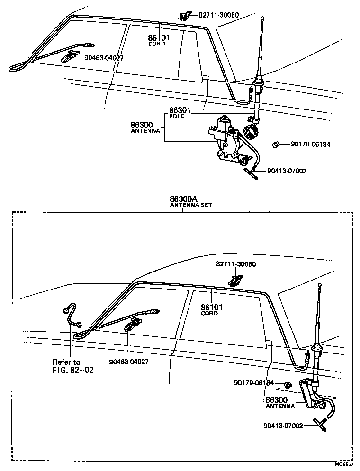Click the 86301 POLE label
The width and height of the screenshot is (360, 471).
tap(177, 113)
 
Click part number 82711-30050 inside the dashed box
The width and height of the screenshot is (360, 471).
tap(236, 264)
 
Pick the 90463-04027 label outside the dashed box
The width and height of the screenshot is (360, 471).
tap(104, 58)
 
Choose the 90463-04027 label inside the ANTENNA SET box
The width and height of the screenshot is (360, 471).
tap(129, 361)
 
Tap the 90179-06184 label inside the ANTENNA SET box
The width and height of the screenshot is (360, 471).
tap(254, 382)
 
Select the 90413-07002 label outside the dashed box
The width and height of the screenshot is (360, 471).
tap(287, 171)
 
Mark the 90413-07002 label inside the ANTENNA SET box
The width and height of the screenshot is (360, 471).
tap(283, 426)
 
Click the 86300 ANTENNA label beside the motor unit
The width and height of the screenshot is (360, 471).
tap(145, 127)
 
